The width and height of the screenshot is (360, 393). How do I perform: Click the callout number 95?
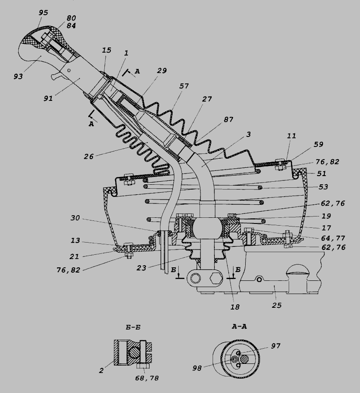[x=43, y=13]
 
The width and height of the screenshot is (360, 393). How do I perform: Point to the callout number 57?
[x=184, y=86]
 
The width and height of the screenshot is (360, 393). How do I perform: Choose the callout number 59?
[x=318, y=144]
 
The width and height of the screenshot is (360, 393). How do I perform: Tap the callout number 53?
[x=323, y=187]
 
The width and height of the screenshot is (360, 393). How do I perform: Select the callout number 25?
[x=277, y=305]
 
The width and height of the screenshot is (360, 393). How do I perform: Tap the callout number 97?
[x=276, y=346]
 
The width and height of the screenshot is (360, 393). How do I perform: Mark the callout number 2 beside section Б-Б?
[x=101, y=370]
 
